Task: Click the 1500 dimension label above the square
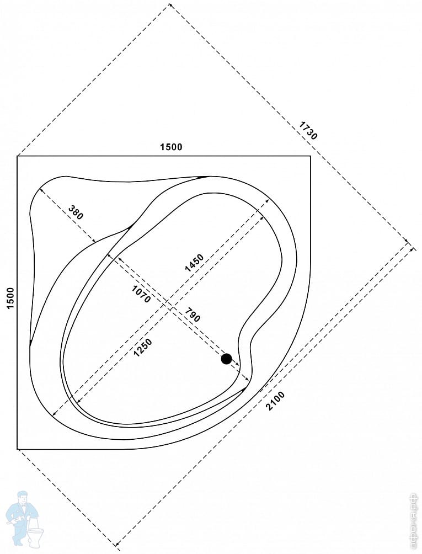(x=170, y=147)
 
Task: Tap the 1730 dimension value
(x=308, y=130)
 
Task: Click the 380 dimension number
(x=76, y=212)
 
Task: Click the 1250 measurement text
(x=142, y=347)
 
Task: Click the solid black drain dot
(x=226, y=359)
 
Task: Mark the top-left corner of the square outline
(x=18, y=157)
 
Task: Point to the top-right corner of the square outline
(x=311, y=157)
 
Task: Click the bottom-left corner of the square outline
(x=18, y=449)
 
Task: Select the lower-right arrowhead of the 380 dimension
(x=95, y=242)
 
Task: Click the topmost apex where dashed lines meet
(x=169, y=5)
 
